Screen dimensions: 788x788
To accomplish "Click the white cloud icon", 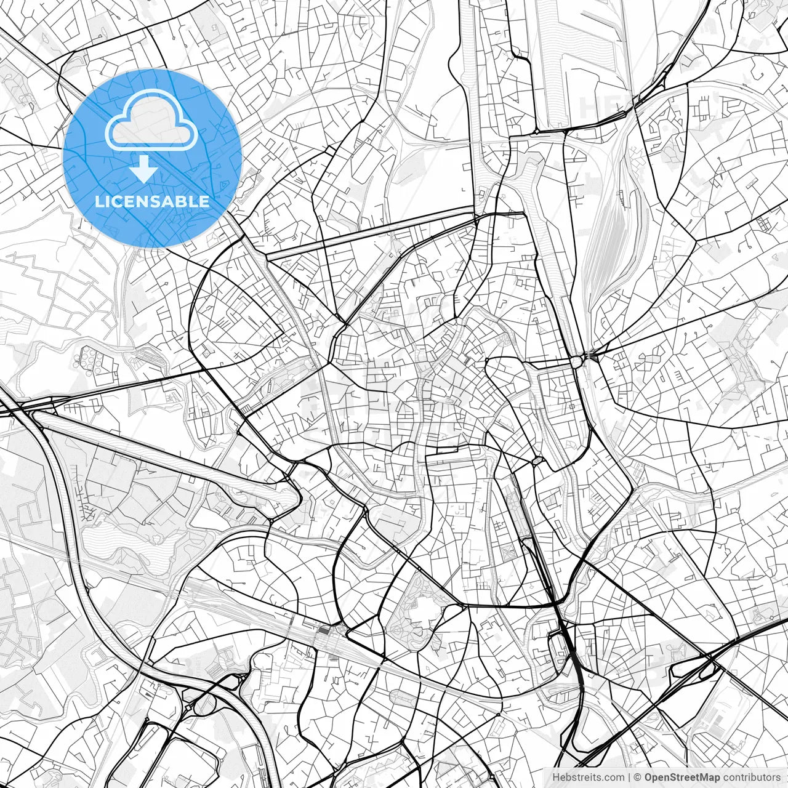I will coord(151,123).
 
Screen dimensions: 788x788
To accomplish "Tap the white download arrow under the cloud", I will coord(144,169).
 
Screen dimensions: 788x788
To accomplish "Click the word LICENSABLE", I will coord(151,201).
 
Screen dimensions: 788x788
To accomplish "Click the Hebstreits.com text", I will coord(588,777).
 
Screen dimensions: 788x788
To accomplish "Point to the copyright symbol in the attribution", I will coord(638,777).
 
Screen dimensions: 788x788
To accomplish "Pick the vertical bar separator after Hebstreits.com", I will coord(629,777).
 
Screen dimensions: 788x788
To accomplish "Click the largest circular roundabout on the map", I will coord(577,361).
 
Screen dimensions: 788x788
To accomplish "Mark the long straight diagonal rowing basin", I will coord(166,456).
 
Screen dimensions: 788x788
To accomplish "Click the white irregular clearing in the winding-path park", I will coord(425,609).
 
